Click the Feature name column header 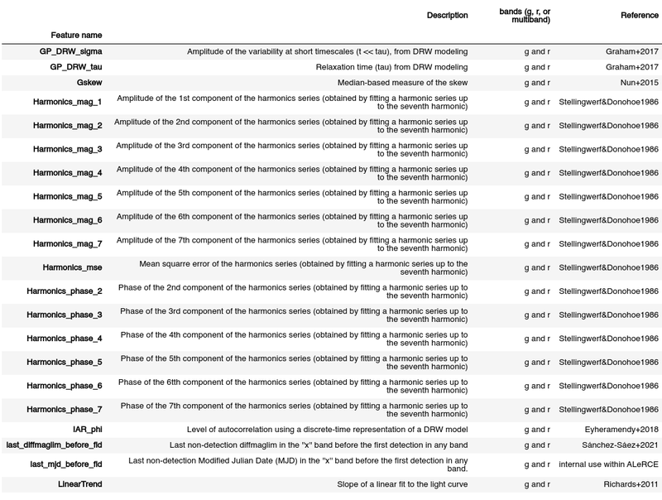point(76,36)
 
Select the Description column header point(447,16)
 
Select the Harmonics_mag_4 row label point(67,173)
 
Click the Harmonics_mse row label point(72,268)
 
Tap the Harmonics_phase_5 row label point(64,363)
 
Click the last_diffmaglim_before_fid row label point(54,445)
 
